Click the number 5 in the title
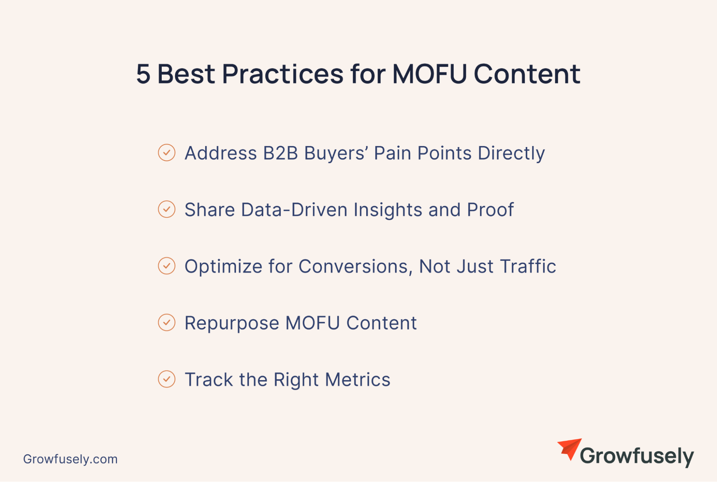point(143,74)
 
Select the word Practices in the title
point(283,74)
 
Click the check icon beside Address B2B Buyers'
point(166,152)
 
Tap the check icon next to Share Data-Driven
point(166,209)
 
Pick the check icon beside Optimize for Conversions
point(166,266)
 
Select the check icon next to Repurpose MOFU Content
point(166,322)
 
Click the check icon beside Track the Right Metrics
point(166,379)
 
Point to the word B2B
point(280,153)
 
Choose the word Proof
point(490,210)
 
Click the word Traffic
point(528,266)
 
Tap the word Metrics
point(358,380)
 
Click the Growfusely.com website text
point(70,459)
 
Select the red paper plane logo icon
point(570,449)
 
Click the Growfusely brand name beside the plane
point(637,457)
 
